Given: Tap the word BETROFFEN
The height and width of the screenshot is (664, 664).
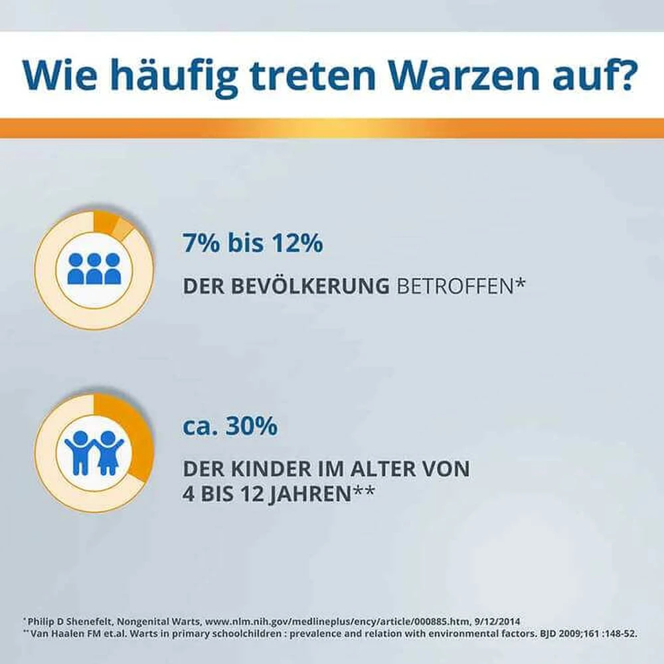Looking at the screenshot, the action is (456, 286).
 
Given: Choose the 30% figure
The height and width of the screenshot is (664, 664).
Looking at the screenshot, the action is (252, 426).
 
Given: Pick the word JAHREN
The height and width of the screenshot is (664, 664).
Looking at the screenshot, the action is (310, 495).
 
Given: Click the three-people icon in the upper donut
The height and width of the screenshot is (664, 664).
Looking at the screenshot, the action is (94, 269).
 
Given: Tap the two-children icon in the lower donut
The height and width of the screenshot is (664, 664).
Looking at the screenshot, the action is (94, 453).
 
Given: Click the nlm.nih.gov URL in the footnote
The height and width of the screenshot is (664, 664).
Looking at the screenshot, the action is (337, 622).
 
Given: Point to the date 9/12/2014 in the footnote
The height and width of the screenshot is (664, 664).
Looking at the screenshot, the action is (497, 622).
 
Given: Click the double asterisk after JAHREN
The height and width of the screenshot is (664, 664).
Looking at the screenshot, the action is (364, 491).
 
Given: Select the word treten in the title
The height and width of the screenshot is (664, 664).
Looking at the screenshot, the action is (313, 76).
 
